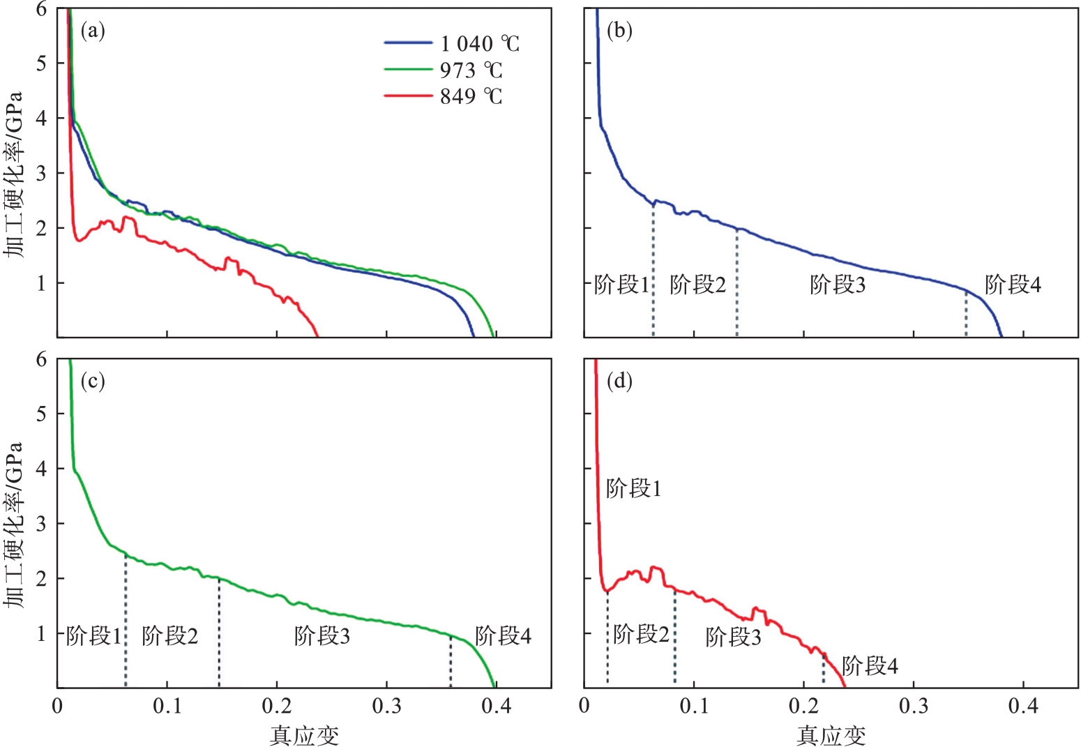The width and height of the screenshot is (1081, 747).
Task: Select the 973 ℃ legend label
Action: pyautogui.click(x=471, y=70)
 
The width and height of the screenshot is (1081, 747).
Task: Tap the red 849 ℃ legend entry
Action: pyautogui.click(x=471, y=96)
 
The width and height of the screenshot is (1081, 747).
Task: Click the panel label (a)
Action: pyautogui.click(x=93, y=31)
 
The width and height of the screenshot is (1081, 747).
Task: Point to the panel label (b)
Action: pyautogui.click(x=619, y=31)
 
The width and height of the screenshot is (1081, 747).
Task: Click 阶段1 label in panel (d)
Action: pyautogui.click(x=633, y=489)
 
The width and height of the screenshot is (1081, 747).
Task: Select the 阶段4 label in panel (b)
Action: pyautogui.click(x=1013, y=285)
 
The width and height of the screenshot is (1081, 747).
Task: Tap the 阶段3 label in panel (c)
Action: pyautogui.click(x=322, y=636)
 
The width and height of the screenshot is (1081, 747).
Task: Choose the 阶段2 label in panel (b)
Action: pyautogui.click(x=697, y=285)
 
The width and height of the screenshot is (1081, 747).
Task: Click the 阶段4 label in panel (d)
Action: pyautogui.click(x=870, y=666)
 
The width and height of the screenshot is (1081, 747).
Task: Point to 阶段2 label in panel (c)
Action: pyautogui.click(x=169, y=636)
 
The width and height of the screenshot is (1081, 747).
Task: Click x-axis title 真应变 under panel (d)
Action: pyautogui.click(x=831, y=735)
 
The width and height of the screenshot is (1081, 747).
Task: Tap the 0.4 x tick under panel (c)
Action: pyautogui.click(x=496, y=707)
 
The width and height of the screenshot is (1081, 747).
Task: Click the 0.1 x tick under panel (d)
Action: pyautogui.click(x=694, y=707)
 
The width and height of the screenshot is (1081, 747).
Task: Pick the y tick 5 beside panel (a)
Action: pyautogui.click(x=41, y=63)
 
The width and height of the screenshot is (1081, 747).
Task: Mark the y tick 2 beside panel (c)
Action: pyautogui.click(x=41, y=578)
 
